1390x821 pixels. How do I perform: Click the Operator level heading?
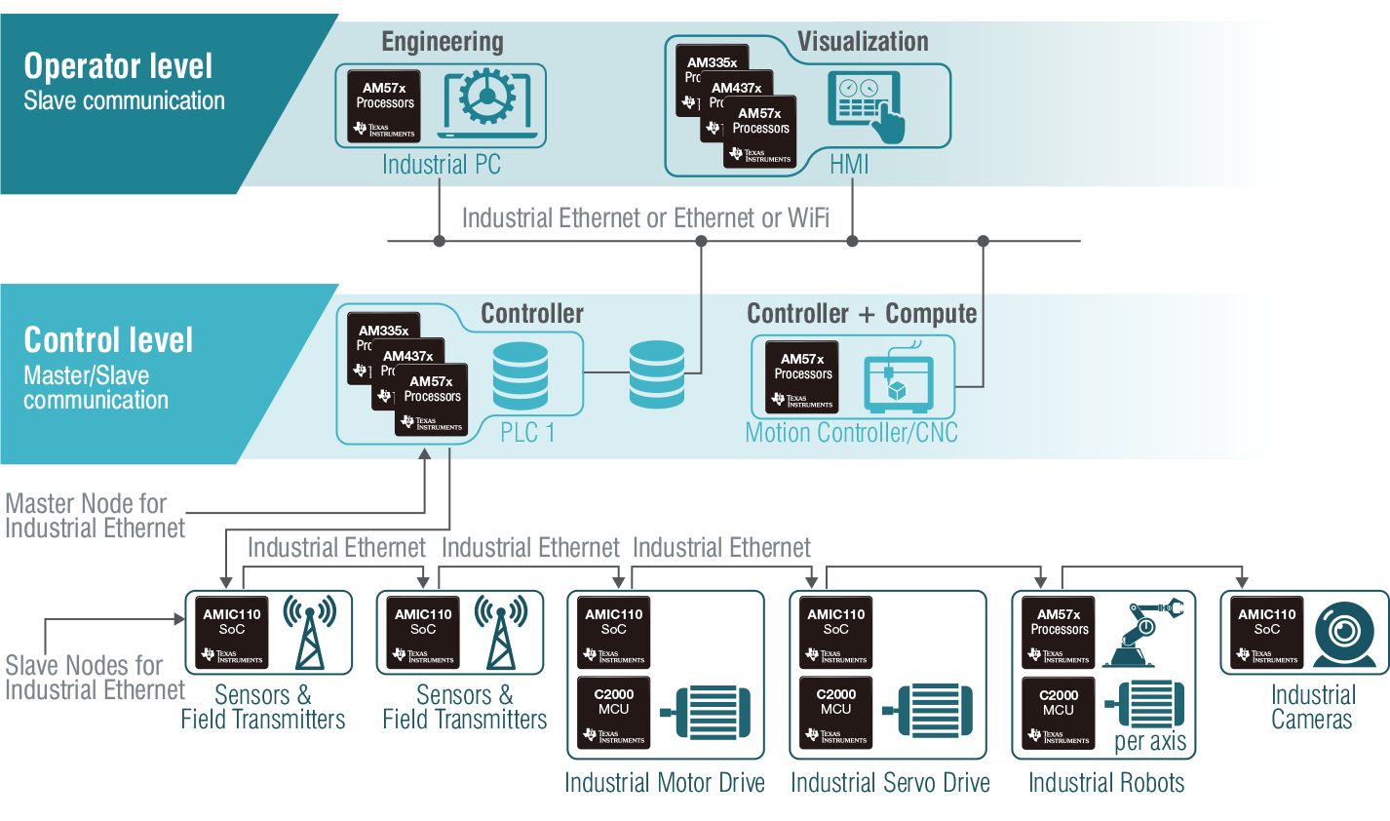[x=118, y=66]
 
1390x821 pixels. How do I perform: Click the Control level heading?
[x=108, y=340]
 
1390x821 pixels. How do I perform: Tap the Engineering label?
[x=443, y=42]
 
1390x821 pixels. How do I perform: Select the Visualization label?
[x=863, y=42]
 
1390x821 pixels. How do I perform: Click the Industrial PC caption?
[x=442, y=165]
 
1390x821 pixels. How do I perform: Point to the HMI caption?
[x=849, y=165]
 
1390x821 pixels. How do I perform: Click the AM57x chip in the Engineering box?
[x=385, y=106]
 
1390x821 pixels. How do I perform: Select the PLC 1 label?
[x=527, y=433]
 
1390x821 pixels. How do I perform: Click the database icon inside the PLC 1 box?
[x=521, y=375]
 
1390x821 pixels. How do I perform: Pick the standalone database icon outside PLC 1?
[x=657, y=373]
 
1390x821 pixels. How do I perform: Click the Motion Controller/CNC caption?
[x=851, y=433]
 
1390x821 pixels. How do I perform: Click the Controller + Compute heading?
[x=862, y=314]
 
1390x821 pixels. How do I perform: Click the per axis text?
[x=1150, y=742]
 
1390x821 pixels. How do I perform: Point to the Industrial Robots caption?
[x=1106, y=783]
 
